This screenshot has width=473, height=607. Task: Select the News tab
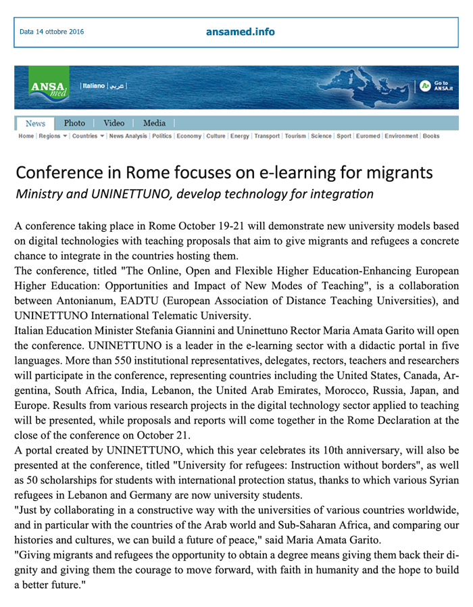pyautogui.click(x=35, y=123)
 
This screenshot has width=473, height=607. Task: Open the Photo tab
pyautogui.click(x=74, y=123)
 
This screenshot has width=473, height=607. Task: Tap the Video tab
pyautogui.click(x=114, y=123)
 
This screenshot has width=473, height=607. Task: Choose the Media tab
pyautogui.click(x=154, y=123)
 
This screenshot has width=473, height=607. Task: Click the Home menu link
pyautogui.click(x=26, y=136)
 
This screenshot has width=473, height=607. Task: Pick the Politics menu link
pyautogui.click(x=162, y=136)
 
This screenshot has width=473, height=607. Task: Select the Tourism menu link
pyautogui.click(x=295, y=136)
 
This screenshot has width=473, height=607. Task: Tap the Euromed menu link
pyautogui.click(x=368, y=136)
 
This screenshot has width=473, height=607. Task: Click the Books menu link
pyautogui.click(x=431, y=136)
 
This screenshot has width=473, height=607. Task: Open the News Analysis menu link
pyautogui.click(x=128, y=136)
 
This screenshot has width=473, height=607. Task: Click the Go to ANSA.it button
pyautogui.click(x=437, y=86)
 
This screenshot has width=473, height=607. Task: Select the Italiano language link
pyautogui.click(x=93, y=86)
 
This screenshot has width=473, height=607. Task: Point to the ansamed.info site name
pyautogui.click(x=241, y=31)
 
